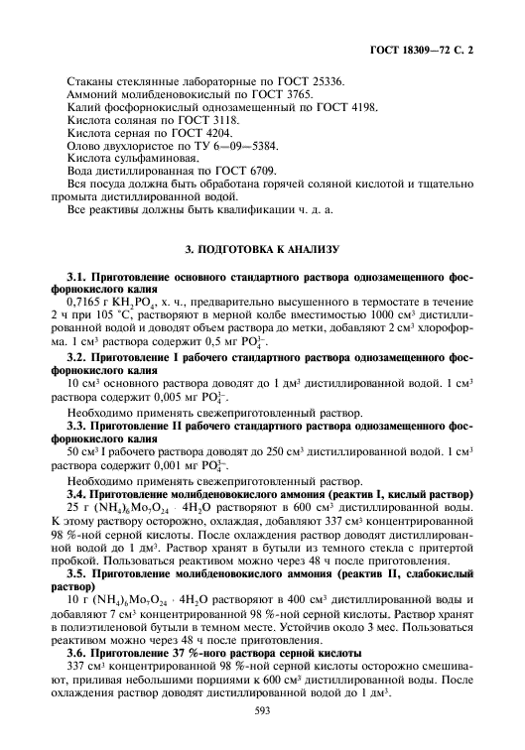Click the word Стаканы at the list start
coord(91,77)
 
